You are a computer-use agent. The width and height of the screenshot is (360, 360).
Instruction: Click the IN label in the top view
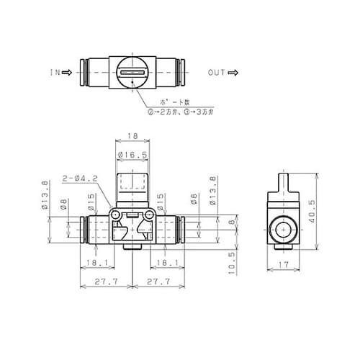(x=54, y=73)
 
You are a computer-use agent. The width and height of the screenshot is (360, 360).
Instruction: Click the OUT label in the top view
(x=217, y=73)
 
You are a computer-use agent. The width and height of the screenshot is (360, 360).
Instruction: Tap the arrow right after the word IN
(x=68, y=73)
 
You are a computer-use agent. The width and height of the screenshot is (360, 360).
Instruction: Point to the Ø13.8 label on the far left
(x=46, y=195)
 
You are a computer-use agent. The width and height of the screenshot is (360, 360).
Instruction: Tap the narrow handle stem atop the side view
(x=282, y=177)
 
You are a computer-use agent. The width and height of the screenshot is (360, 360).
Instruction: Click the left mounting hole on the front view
(x=116, y=216)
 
